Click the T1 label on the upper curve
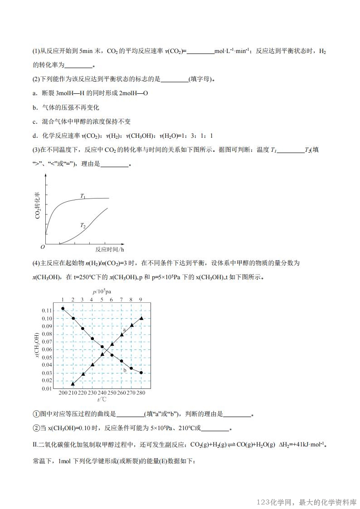83,196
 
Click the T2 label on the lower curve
83,225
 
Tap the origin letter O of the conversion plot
43,247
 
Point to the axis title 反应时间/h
110,249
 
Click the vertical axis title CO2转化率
38,205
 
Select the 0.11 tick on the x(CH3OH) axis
46,310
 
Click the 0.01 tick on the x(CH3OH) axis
46,388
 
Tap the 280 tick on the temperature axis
141,393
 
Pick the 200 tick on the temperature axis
63,393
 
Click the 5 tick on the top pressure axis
102,300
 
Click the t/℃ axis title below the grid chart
102,399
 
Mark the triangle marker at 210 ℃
73,383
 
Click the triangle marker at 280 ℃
141,318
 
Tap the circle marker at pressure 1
63,309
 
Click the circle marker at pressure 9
141,373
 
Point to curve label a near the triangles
124,330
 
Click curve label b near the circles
125,370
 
